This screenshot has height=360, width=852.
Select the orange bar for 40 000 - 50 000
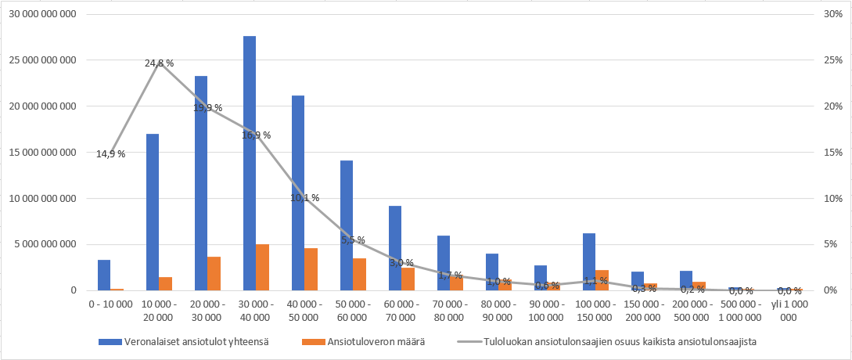(311, 269)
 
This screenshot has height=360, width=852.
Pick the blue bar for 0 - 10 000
(104, 275)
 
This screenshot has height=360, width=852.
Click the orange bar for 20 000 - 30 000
(214, 273)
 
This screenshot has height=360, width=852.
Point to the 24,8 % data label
(160, 63)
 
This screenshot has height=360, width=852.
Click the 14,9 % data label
(110, 154)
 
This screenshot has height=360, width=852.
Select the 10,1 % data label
(304, 198)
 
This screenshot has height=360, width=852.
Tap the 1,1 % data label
(595, 281)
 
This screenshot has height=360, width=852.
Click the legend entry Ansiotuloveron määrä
(384, 341)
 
